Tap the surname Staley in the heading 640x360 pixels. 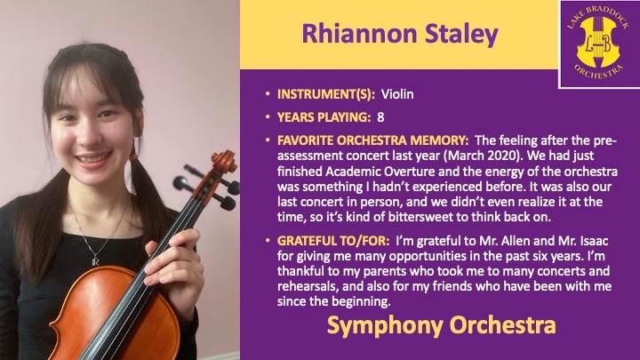(x=461, y=35)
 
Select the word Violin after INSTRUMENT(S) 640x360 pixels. (x=397, y=94)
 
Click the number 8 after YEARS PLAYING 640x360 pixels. (x=380, y=117)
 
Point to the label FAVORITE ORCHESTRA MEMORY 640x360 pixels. (x=373, y=140)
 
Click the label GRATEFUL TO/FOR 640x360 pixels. (x=333, y=241)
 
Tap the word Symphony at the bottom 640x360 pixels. (x=385, y=326)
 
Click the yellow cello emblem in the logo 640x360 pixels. (x=598, y=42)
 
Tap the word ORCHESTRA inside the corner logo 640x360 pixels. (x=599, y=71)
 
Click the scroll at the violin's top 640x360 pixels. (x=224, y=160)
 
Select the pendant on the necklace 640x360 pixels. (x=95, y=260)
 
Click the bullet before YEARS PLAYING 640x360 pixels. (x=268, y=117)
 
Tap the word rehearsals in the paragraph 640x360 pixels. (x=308, y=286)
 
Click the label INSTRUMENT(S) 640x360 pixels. (x=326, y=94)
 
